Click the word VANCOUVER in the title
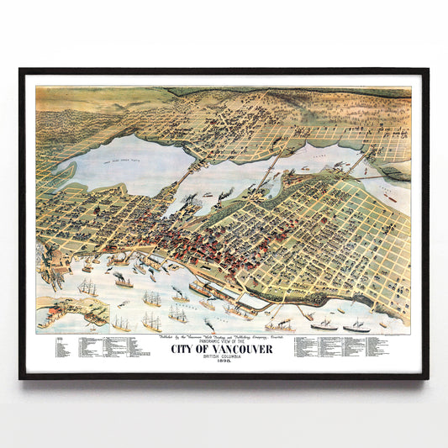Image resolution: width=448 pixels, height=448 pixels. click(244, 350)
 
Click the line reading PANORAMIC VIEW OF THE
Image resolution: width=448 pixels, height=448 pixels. click(224, 341)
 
